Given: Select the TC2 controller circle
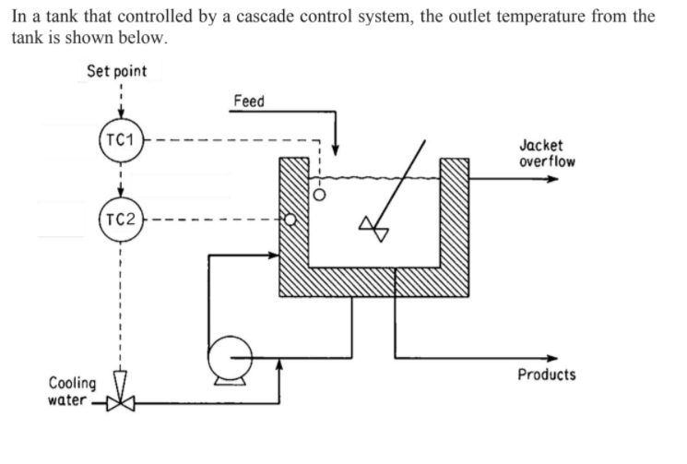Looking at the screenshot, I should tap(120, 220).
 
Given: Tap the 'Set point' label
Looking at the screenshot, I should tap(116, 71).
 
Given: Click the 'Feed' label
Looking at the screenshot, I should tap(248, 101).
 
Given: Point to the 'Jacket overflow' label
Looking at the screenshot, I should tap(546, 153).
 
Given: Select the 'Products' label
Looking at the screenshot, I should tap(546, 375).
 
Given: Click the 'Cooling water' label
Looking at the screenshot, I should tap(72, 391).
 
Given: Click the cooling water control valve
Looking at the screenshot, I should tap(120, 402).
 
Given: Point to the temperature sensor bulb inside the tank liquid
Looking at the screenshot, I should tap(320, 196).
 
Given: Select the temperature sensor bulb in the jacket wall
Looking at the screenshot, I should tap(290, 220).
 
